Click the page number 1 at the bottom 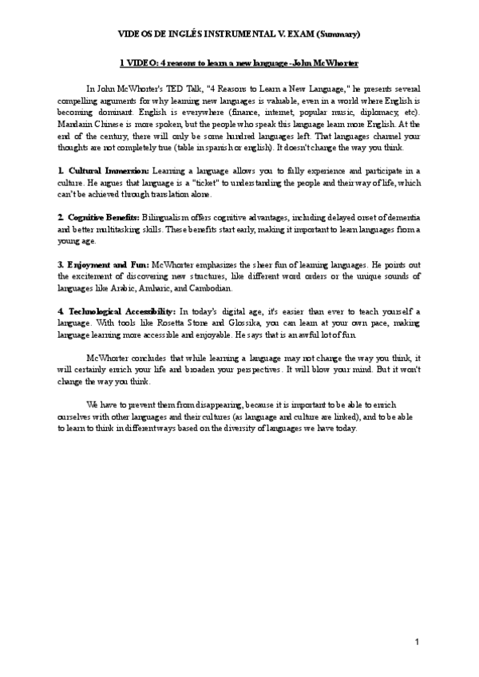pyautogui.click(x=418, y=643)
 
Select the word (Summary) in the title pyautogui.click(x=338, y=34)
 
